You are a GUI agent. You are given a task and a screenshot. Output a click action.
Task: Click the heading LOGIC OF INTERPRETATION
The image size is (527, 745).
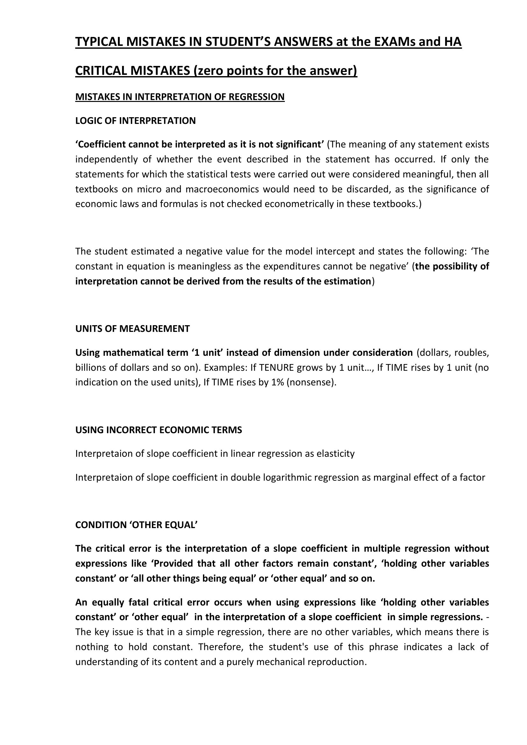pyautogui.click(x=135, y=121)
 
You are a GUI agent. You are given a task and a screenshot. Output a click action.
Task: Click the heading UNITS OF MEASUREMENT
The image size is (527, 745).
pyautogui.click(x=133, y=329)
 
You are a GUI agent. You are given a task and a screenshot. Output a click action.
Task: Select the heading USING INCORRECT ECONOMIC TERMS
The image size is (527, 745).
pyautogui.click(x=159, y=430)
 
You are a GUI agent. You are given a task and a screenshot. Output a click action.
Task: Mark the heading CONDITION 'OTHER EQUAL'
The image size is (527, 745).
pyautogui.click(x=136, y=525)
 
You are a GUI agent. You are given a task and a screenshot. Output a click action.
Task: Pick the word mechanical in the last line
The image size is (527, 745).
pyautogui.click(x=278, y=662)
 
